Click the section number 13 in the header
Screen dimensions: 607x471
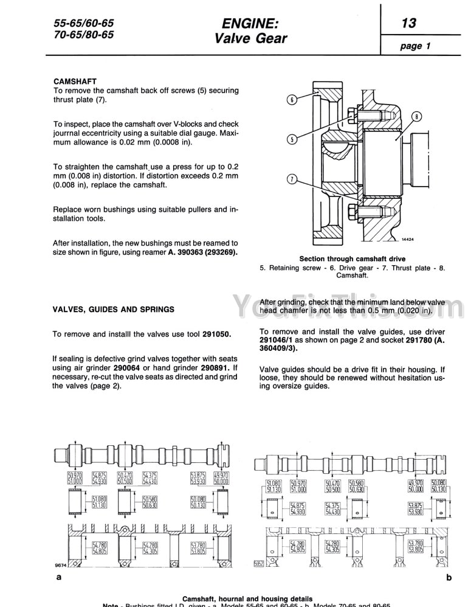(x=408, y=23)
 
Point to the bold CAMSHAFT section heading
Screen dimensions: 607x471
(x=75, y=80)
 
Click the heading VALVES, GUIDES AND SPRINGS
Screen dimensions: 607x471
(x=114, y=309)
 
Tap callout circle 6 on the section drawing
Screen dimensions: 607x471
(x=292, y=100)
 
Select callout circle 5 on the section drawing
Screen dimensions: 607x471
(x=292, y=139)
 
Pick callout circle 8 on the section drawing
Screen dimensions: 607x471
(x=416, y=116)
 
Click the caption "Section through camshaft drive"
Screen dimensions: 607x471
(x=352, y=258)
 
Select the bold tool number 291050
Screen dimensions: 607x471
(x=216, y=334)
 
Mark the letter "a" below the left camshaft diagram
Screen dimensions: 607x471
(x=58, y=577)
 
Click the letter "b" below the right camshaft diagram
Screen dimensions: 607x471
(x=449, y=577)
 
